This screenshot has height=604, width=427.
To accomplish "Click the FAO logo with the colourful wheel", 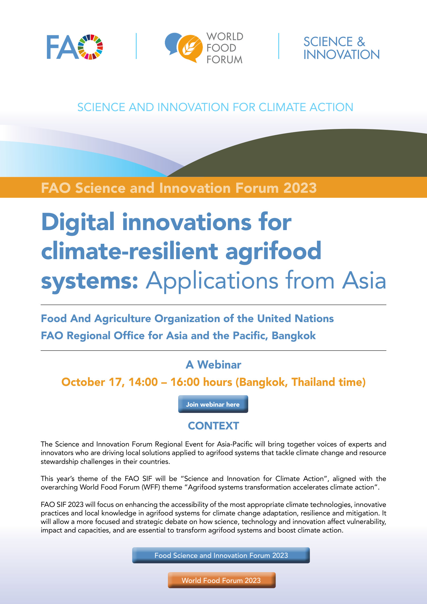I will coord(75,47).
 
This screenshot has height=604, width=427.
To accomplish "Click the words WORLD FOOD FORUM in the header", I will coord(225,48).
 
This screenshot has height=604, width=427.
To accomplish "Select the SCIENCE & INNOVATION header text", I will coord(341,48).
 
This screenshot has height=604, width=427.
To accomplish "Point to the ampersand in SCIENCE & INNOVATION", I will coord(361,42).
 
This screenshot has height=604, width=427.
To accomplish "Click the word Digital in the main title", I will coord(78,222).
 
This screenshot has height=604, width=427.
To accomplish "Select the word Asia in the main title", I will coord(364,281).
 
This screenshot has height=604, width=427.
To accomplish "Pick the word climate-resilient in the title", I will coord(130,251).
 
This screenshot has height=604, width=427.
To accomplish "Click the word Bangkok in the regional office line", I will coord(293,336).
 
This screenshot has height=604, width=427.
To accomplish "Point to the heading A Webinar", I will coord(213,365).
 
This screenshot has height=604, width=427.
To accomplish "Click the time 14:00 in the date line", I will coord(143,382).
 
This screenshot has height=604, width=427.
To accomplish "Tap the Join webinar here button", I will coord(213,404).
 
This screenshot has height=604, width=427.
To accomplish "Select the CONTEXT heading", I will coord(213,426).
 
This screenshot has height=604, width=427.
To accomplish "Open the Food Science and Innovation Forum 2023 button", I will coord(221,555).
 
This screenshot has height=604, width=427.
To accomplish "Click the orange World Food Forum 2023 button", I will coord(221,580).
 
